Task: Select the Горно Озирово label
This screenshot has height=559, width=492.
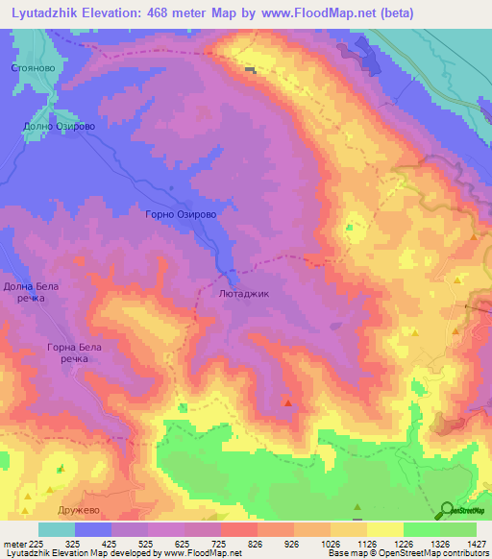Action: pyautogui.click(x=187, y=216)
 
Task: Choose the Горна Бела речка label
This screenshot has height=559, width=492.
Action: pyautogui.click(x=74, y=352)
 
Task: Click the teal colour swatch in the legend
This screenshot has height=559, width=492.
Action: pyautogui.click(x=57, y=529)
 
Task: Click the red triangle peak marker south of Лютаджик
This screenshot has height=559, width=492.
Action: pyautogui.click(x=288, y=402)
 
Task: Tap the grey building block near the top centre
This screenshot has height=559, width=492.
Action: pyautogui.click(x=251, y=69)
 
